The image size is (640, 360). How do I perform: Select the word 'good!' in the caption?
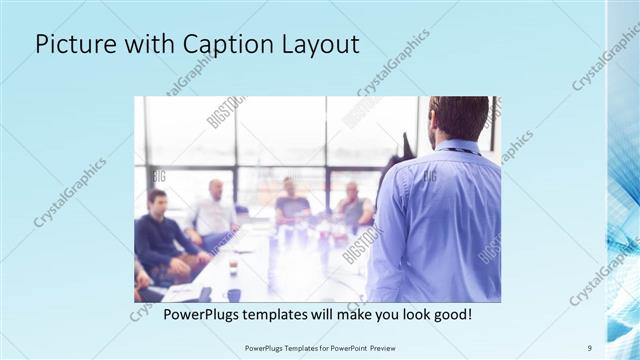450,314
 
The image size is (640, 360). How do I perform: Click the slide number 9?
589,347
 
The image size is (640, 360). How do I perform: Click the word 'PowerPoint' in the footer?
344,347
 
